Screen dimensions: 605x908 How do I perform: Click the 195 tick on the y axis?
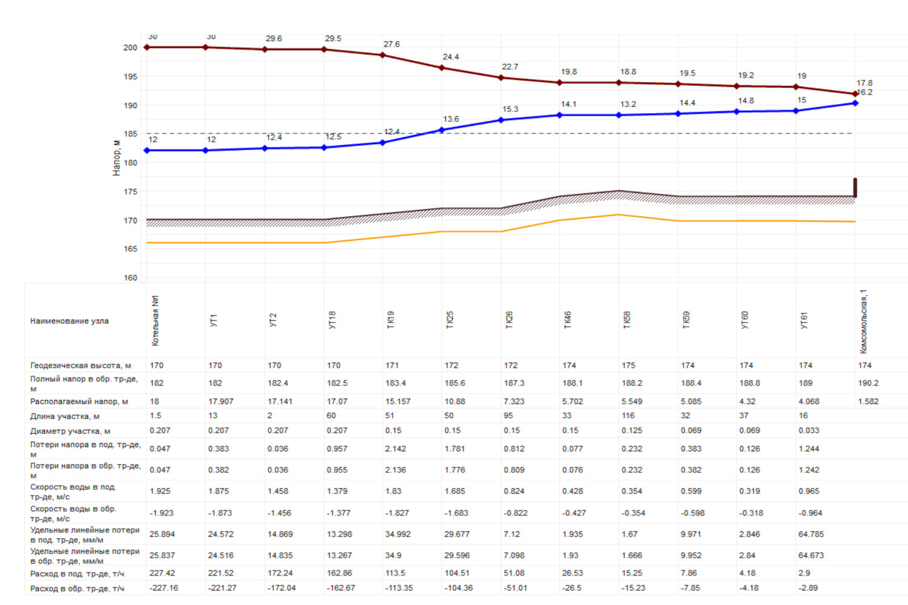[130, 77]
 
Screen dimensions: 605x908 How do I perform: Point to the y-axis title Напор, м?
[116, 158]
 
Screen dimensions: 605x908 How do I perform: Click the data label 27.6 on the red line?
[392, 44]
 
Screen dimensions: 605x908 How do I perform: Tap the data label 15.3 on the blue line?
[510, 110]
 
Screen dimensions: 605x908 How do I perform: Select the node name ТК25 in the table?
[450, 320]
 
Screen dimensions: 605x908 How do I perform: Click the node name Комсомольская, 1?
[864, 321]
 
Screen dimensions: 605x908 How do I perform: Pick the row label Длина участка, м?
[65, 416]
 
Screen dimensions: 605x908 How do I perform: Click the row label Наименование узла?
[70, 321]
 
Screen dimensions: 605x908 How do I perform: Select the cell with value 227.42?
[162, 573]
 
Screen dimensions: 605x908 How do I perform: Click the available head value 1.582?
[868, 401]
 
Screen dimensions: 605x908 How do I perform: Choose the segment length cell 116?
[628, 416]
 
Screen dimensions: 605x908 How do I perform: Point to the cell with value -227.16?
[163, 588]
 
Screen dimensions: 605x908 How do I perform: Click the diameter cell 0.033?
[809, 430]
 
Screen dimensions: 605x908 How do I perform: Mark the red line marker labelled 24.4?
[442, 68]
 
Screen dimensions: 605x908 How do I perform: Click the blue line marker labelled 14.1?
[560, 115]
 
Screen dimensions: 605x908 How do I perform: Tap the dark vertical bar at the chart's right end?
[855, 188]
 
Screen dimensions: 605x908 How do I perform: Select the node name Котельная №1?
[156, 321]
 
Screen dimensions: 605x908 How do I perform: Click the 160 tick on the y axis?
[130, 278]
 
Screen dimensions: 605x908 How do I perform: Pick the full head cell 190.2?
[868, 383]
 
